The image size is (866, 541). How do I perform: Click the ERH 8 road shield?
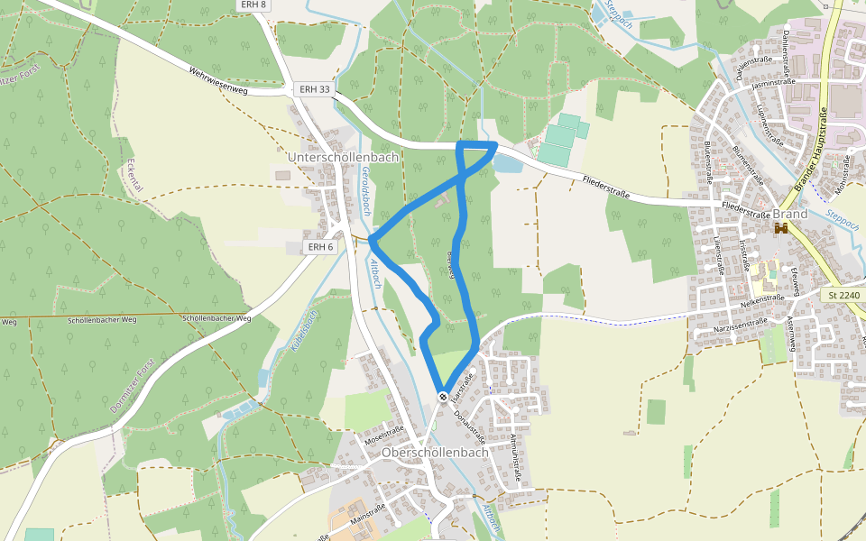(254, 5)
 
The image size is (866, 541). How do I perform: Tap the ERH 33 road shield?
(314, 89)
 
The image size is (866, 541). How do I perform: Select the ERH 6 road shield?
(320, 247)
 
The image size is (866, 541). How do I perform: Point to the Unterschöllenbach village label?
(342, 157)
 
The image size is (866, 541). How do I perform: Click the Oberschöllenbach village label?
(435, 452)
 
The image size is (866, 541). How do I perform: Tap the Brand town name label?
(790, 214)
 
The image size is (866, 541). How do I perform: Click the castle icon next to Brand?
(781, 229)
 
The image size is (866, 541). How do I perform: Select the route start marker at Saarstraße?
(443, 396)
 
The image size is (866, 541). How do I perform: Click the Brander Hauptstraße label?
(811, 148)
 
